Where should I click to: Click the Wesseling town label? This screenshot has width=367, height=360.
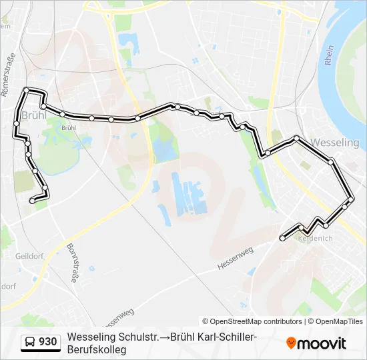[335, 143]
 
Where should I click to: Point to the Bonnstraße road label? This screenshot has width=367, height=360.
[71, 263]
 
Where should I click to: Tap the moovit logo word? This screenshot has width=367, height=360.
[322, 343]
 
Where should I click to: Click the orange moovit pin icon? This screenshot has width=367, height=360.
[291, 343]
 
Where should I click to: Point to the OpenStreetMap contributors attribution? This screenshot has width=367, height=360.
[252, 321]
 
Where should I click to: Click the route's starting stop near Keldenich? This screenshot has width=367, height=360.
[282, 237]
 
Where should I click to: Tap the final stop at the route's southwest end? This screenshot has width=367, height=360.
[32, 200]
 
